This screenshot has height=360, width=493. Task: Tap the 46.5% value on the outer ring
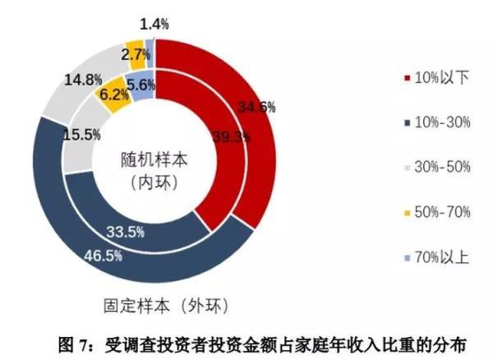pos(104,255)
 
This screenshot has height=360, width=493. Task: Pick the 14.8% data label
pos(83,80)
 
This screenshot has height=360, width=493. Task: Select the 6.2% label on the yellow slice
pos(113,95)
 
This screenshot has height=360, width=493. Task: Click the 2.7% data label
pos(135,55)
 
